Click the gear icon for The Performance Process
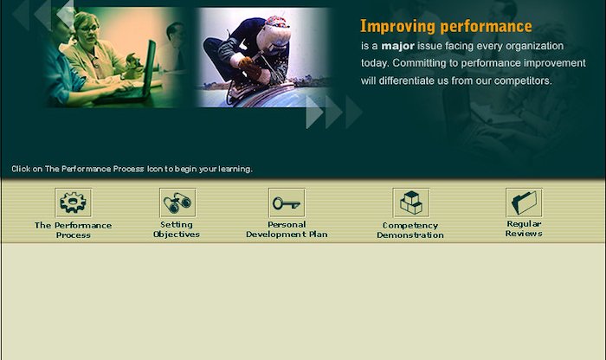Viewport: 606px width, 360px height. [73, 202]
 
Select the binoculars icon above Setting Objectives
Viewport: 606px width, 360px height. [177, 202]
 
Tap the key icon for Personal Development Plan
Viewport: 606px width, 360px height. [287, 202]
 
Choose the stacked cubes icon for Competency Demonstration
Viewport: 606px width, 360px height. [411, 202]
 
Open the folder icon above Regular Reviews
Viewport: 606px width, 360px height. [524, 202]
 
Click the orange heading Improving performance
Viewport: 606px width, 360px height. [446, 26]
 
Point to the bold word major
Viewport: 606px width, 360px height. [397, 46]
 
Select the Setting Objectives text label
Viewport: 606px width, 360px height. [177, 229]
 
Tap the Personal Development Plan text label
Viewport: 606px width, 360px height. [287, 229]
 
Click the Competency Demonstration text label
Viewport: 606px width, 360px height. [410, 230]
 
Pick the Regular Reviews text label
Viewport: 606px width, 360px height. [524, 228]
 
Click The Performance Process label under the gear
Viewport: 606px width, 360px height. [73, 230]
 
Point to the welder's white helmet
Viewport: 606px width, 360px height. [274, 35]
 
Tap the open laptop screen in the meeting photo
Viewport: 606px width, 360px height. [149, 67]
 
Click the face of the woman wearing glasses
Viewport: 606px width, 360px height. [88, 29]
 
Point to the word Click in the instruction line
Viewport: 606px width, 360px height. [21, 169]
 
